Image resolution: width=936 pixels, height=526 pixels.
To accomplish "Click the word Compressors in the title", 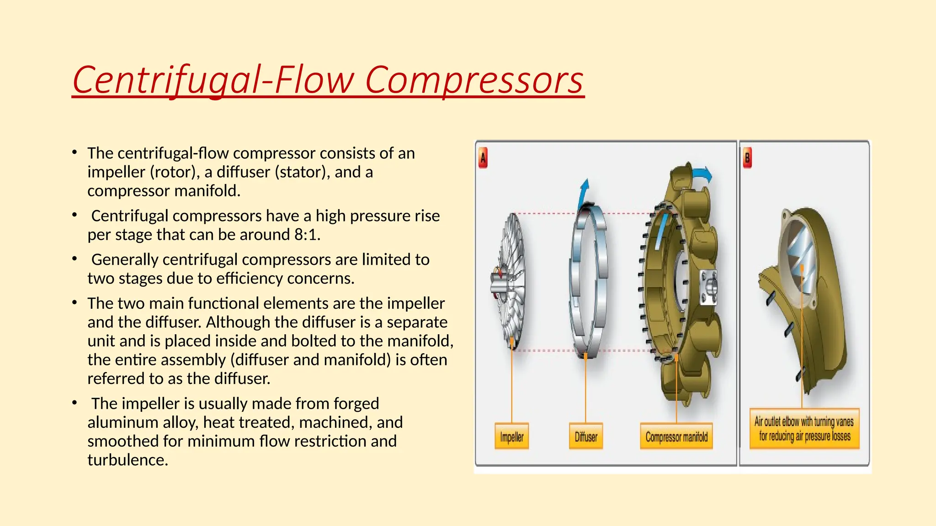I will pyautogui.click(x=474, y=80).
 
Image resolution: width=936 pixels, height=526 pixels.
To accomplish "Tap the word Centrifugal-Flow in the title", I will pyautogui.click(x=213, y=80).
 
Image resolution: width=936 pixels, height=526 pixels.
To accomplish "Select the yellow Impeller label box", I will pyautogui.click(x=511, y=437).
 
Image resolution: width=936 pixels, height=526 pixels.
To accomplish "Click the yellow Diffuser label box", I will pyautogui.click(x=585, y=437).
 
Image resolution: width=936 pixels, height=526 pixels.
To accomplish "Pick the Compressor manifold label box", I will pyautogui.click(x=676, y=437).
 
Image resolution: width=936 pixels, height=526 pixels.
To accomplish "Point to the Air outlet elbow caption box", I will pyautogui.click(x=804, y=429).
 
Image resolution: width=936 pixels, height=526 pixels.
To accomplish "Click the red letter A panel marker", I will pyautogui.click(x=483, y=158).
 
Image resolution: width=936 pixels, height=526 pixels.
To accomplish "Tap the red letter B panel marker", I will pyautogui.click(x=747, y=158).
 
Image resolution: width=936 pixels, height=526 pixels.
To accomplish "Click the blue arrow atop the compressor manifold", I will pyautogui.click(x=702, y=174).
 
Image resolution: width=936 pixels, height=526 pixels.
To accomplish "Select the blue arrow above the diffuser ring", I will pyautogui.click(x=584, y=192).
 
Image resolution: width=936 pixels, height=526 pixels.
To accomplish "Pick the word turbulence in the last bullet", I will pyautogui.click(x=128, y=460).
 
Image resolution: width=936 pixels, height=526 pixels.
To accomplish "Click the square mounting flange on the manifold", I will pyautogui.click(x=708, y=287).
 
